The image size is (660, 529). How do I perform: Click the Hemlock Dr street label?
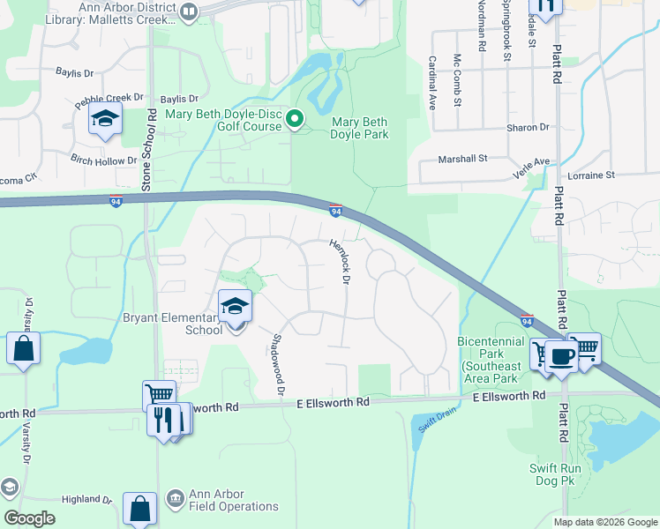341,262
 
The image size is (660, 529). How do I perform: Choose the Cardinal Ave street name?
432,82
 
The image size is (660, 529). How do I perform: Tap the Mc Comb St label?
457,80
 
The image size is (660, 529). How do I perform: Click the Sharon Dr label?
528,128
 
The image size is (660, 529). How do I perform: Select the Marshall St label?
463,160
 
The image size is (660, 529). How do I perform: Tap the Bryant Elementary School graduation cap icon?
235,306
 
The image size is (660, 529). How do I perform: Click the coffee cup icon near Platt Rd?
560,355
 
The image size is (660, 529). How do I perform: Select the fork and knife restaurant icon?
161,419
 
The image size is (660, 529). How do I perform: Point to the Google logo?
30,518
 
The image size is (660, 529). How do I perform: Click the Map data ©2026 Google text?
605,522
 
